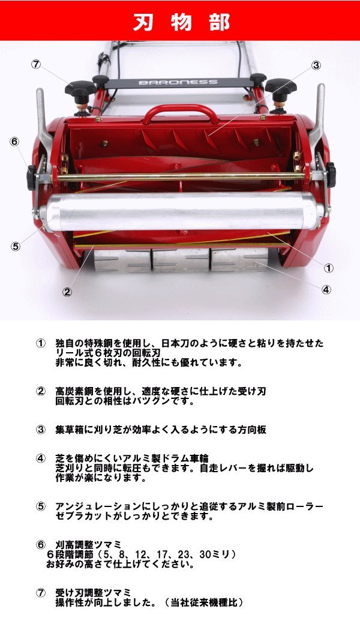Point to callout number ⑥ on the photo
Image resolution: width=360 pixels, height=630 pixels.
pos(15,142)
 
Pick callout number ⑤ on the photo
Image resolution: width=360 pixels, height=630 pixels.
pos(15,246)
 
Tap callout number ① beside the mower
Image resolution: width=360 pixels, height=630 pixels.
pos(329,267)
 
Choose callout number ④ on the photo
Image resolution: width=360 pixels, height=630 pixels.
pos(326,289)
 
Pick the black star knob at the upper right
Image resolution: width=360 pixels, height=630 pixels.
pos(280,88)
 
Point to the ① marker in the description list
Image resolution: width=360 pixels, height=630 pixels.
pos(41,344)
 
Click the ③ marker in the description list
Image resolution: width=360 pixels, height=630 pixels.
pos(41,430)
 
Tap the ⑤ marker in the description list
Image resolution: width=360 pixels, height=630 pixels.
pos(41,506)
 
